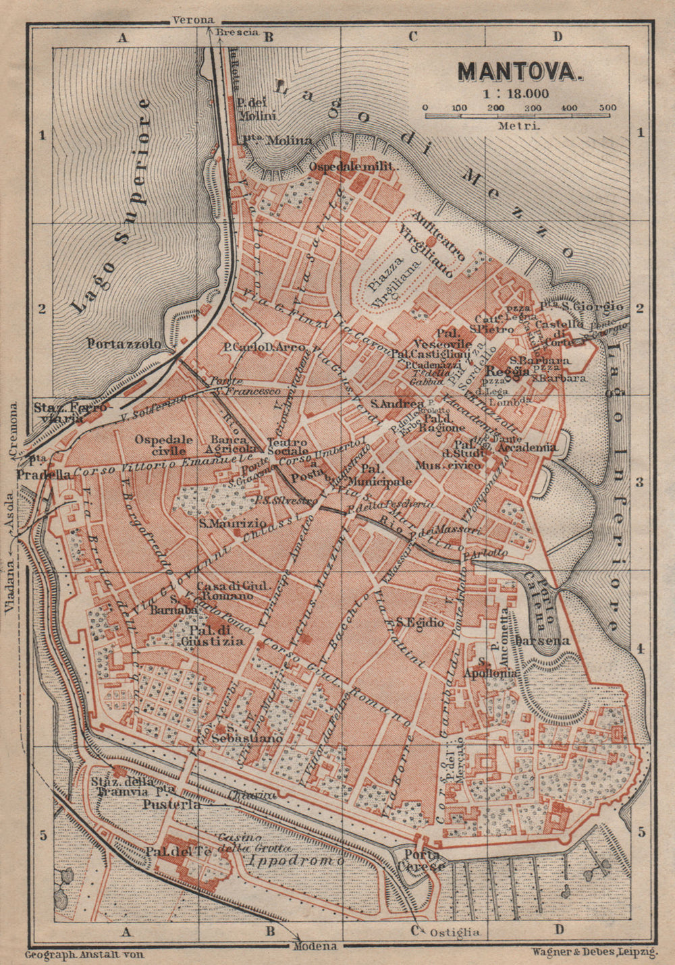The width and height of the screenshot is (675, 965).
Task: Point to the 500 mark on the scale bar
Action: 607,108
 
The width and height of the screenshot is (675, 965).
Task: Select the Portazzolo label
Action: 124,343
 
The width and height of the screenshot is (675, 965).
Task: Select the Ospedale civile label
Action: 163,445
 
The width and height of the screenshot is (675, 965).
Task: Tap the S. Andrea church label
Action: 383,404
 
